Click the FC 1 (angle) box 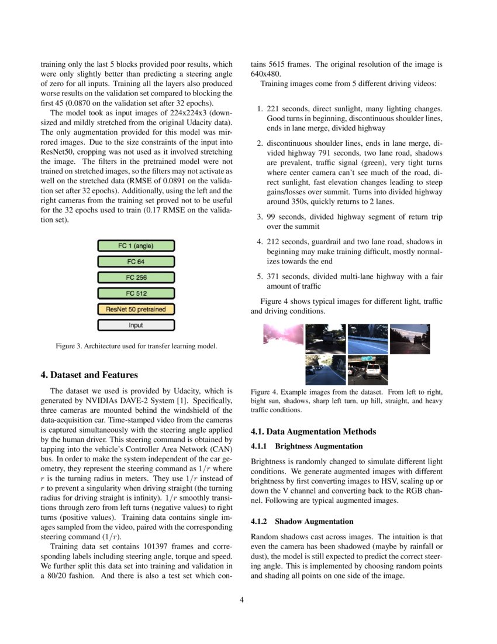click(136, 246)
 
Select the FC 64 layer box click(136, 262)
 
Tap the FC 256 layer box click(136, 278)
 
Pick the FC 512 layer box click(136, 293)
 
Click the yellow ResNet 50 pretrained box click(136, 309)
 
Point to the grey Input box click(136, 325)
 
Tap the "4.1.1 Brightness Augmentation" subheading click(306, 446)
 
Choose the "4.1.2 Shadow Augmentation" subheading click(302, 521)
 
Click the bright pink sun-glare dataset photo click(283, 339)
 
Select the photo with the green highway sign click(367, 370)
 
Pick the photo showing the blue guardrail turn click(367, 339)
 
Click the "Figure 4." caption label click(264, 392)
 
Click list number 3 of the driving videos click(260, 217)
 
